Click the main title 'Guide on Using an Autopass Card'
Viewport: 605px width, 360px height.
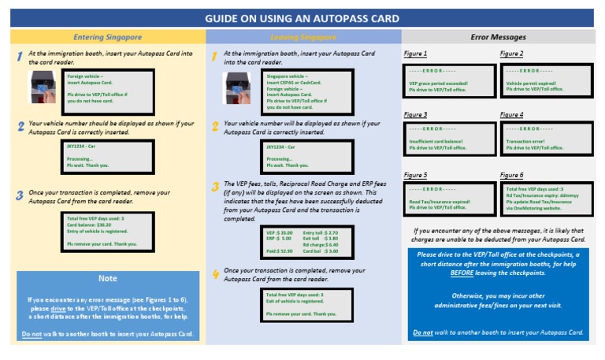pos(302,18)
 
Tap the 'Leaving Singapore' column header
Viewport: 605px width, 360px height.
pos(303,37)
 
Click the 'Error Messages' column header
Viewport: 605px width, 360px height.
pos(498,37)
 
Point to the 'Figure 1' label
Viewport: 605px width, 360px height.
pos(415,54)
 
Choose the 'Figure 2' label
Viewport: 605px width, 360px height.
pos(511,54)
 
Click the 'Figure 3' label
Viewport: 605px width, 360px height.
pos(415,115)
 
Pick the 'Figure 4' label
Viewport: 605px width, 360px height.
pos(511,115)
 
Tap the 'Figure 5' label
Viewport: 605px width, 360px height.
pos(415,175)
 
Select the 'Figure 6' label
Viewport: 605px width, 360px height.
pos(511,175)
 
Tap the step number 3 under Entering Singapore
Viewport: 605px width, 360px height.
pos(20,195)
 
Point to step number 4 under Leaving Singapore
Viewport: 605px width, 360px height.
pos(215,273)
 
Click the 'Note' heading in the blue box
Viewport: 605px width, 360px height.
pos(107,278)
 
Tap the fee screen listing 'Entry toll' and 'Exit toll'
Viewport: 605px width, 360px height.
pos(303,243)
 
